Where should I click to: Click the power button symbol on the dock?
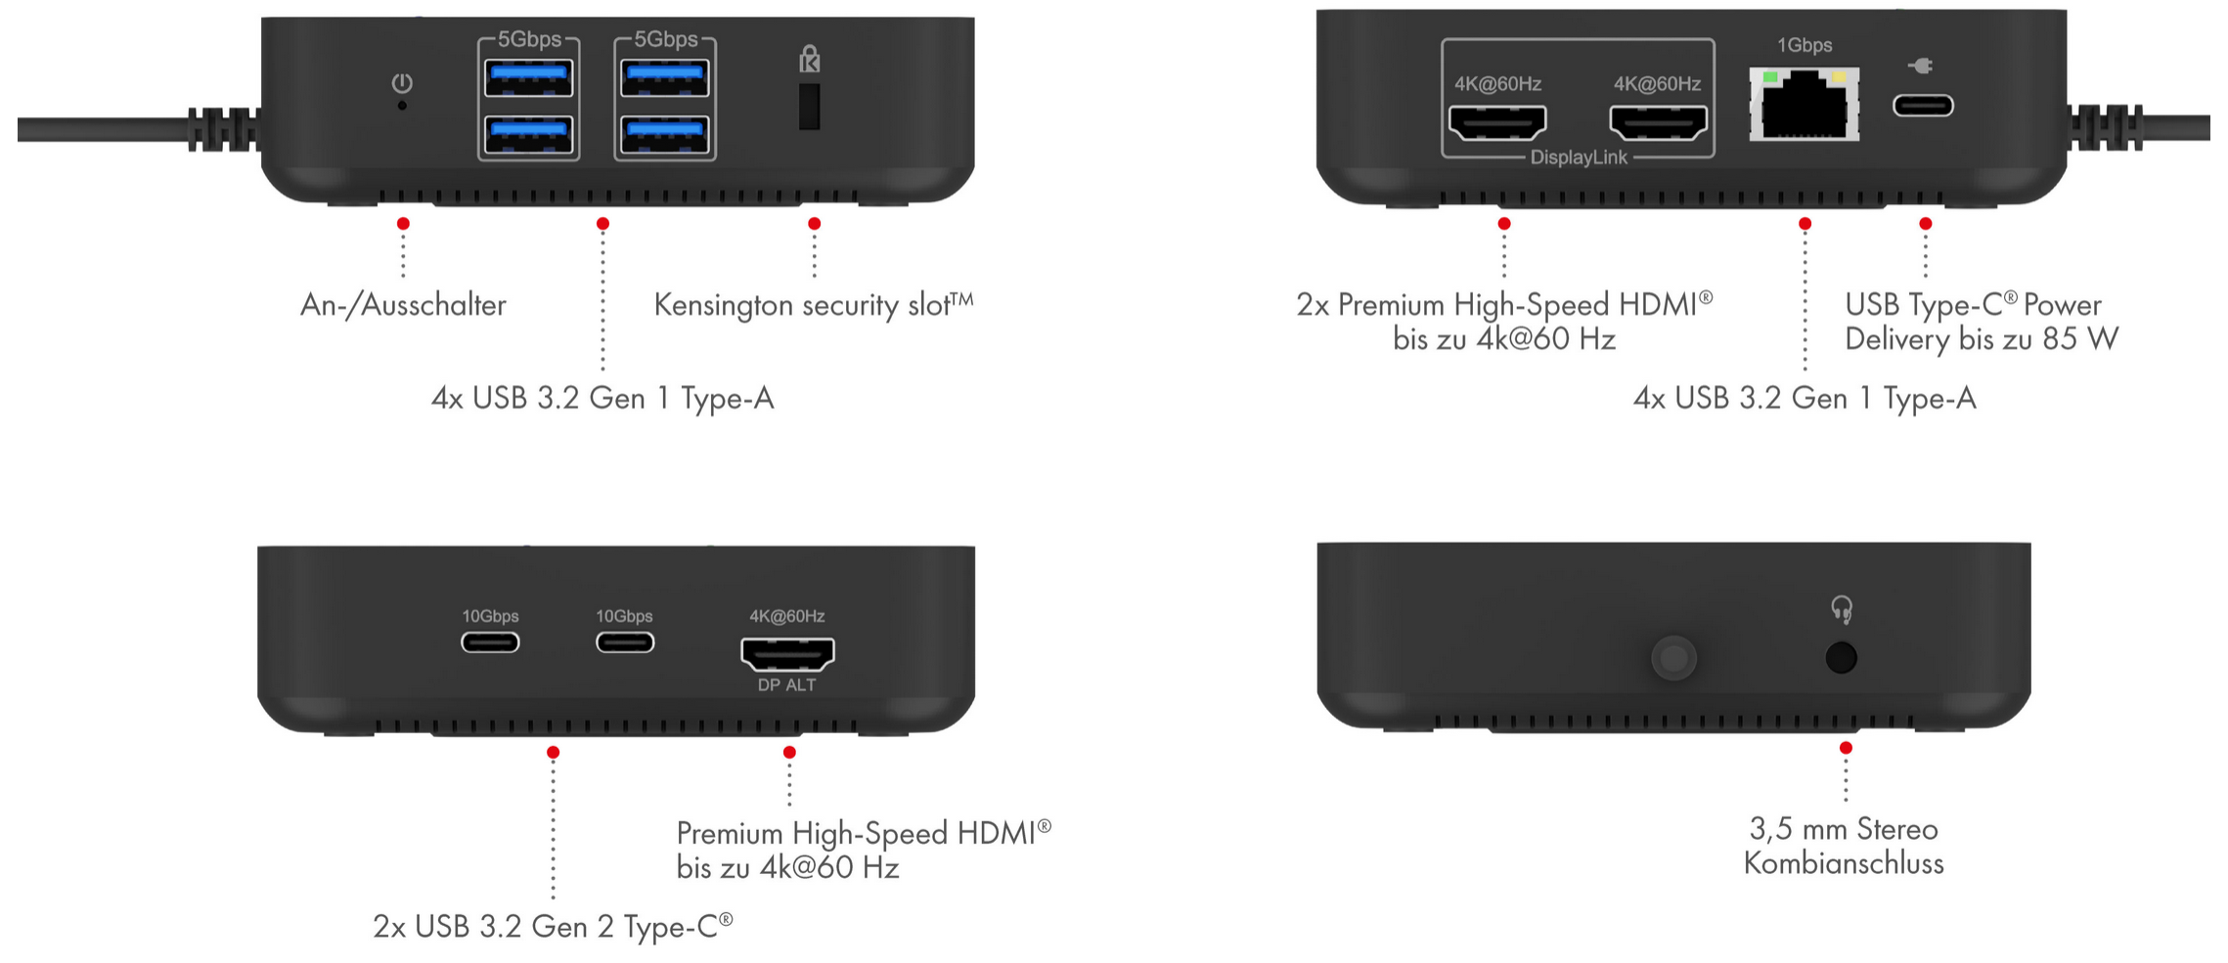tap(401, 83)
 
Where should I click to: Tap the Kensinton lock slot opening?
tap(809, 107)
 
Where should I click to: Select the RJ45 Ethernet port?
tap(1804, 106)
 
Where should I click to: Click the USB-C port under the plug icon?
tap(1923, 106)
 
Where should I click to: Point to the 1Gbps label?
tap(1804, 45)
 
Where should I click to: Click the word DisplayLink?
tap(1578, 157)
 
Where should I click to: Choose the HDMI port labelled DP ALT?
tap(787, 653)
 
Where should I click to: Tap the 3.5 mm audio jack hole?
tap(1841, 657)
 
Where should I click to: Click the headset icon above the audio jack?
tap(1842, 610)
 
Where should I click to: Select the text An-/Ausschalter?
tap(403, 305)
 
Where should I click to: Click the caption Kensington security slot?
tap(813, 305)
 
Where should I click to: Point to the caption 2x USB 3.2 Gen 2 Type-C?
tap(553, 926)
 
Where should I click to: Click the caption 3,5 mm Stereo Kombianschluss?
tap(1844, 846)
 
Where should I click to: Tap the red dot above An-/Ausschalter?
tap(403, 224)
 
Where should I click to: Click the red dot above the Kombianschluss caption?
tap(1846, 748)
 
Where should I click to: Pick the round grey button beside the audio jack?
tap(1673, 658)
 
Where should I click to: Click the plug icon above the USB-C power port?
tap(1921, 66)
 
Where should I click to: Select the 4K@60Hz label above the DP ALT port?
tap(786, 616)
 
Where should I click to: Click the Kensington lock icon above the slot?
tap(809, 60)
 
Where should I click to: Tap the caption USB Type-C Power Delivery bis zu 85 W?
tap(1981, 322)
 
